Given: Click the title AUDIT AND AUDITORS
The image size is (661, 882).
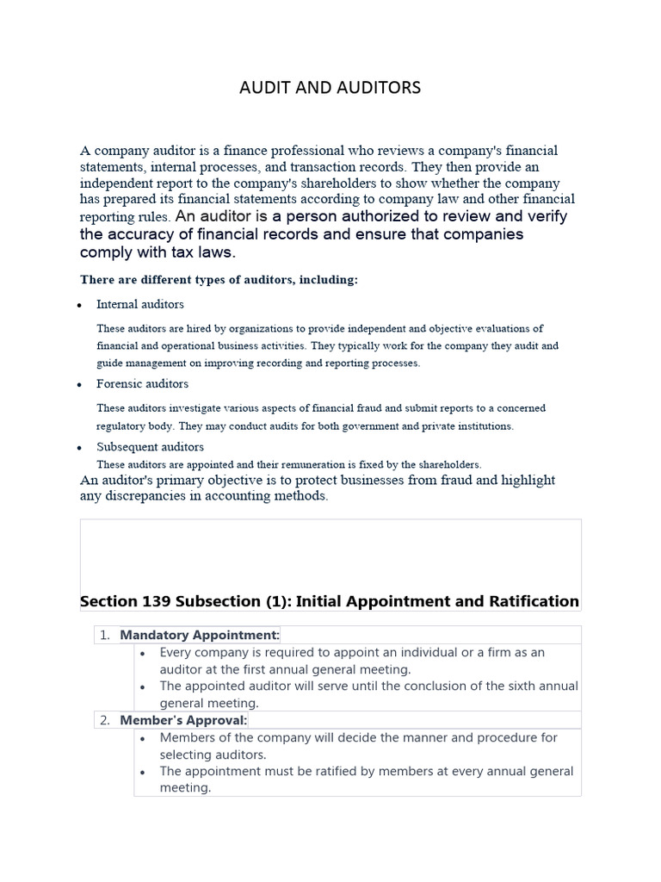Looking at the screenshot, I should (x=330, y=88).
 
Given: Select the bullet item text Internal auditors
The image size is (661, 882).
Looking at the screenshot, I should (x=139, y=304).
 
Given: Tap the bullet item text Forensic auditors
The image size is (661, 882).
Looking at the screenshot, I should (x=142, y=384).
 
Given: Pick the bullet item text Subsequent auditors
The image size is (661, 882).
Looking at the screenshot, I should (x=150, y=447).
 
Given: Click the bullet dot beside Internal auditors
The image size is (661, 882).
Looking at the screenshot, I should (x=79, y=306).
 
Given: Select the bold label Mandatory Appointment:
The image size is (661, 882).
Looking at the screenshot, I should (x=200, y=636).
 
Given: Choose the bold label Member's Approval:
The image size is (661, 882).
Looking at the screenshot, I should (x=183, y=720).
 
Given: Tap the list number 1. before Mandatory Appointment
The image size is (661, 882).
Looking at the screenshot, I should (x=105, y=636).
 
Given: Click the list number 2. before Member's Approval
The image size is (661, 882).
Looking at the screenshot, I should (x=105, y=720).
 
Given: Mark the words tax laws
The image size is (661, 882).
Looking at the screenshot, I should (x=203, y=252).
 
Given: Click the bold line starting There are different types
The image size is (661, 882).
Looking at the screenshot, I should (x=219, y=280).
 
